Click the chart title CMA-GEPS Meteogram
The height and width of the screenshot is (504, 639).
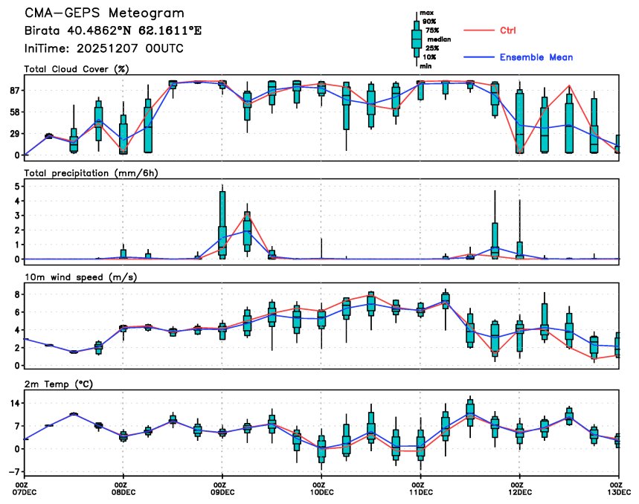tap(104, 13)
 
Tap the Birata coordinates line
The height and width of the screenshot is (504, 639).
tap(112, 31)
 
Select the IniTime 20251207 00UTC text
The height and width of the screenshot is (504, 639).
tap(103, 48)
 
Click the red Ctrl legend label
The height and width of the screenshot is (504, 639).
tap(507, 30)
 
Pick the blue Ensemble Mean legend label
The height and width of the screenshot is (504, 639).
tap(536, 57)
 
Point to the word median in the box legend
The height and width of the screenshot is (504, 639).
tap(436, 39)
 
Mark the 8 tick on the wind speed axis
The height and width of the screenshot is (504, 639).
tap(16, 294)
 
